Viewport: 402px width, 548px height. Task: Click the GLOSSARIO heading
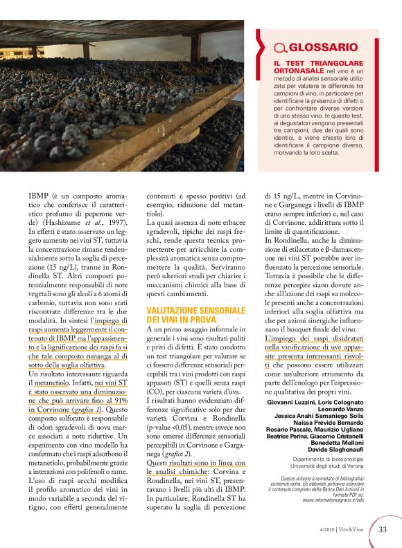(323, 48)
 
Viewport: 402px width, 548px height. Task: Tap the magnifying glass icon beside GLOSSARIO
(281, 48)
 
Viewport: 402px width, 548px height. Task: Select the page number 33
(383, 530)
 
